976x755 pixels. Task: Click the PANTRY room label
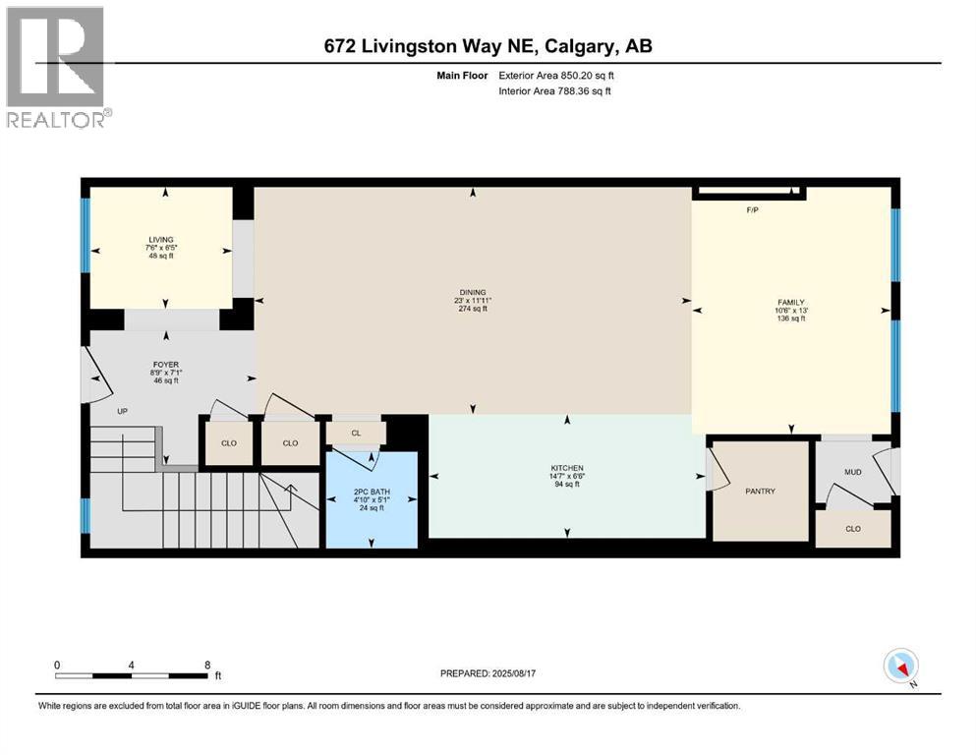click(760, 492)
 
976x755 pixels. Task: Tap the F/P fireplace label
click(753, 210)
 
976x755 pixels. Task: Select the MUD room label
click(853, 472)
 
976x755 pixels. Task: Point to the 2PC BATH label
click(372, 492)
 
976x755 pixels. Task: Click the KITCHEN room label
click(567, 468)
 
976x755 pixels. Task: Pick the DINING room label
click(473, 293)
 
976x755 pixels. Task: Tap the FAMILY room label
click(791, 303)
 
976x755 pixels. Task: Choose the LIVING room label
click(161, 240)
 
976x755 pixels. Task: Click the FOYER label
click(166, 365)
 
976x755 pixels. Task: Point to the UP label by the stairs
click(123, 412)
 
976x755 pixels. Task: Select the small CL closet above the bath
click(356, 434)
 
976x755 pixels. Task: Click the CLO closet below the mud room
click(853, 529)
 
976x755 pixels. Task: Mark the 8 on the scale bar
click(207, 665)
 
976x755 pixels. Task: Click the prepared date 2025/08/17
click(513, 673)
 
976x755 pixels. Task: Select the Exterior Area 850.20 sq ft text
click(556, 76)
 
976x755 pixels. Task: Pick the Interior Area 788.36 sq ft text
click(554, 90)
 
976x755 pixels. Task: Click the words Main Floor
click(462, 76)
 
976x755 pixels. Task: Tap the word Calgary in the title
click(581, 46)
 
